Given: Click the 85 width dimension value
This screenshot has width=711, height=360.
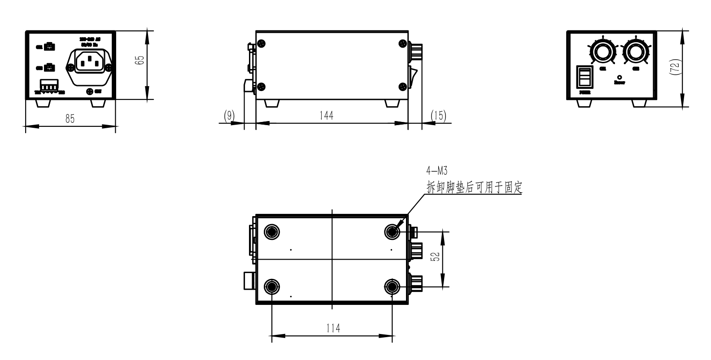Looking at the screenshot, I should pyautogui.click(x=70, y=119).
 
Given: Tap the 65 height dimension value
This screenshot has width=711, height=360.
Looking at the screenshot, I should pyautogui.click(x=140, y=61).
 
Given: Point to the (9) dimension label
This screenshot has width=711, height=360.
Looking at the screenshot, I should pyautogui.click(x=229, y=115).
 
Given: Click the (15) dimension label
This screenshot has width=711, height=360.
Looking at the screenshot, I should pyautogui.click(x=438, y=115).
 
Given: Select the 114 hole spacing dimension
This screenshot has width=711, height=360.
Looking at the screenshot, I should pyautogui.click(x=332, y=328).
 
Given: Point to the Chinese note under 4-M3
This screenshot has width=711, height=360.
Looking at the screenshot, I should pyautogui.click(x=475, y=187).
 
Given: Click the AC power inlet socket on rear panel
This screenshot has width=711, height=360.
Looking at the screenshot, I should pyautogui.click(x=90, y=62).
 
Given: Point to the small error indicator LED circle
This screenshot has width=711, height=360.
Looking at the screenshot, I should pyautogui.click(x=619, y=77).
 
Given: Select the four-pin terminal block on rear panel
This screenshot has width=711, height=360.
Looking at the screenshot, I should pyautogui.click(x=49, y=85).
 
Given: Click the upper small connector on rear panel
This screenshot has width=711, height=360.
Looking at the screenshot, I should pyautogui.click(x=49, y=46).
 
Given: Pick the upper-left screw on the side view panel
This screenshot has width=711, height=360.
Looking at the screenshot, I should pyautogui.click(x=262, y=43).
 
